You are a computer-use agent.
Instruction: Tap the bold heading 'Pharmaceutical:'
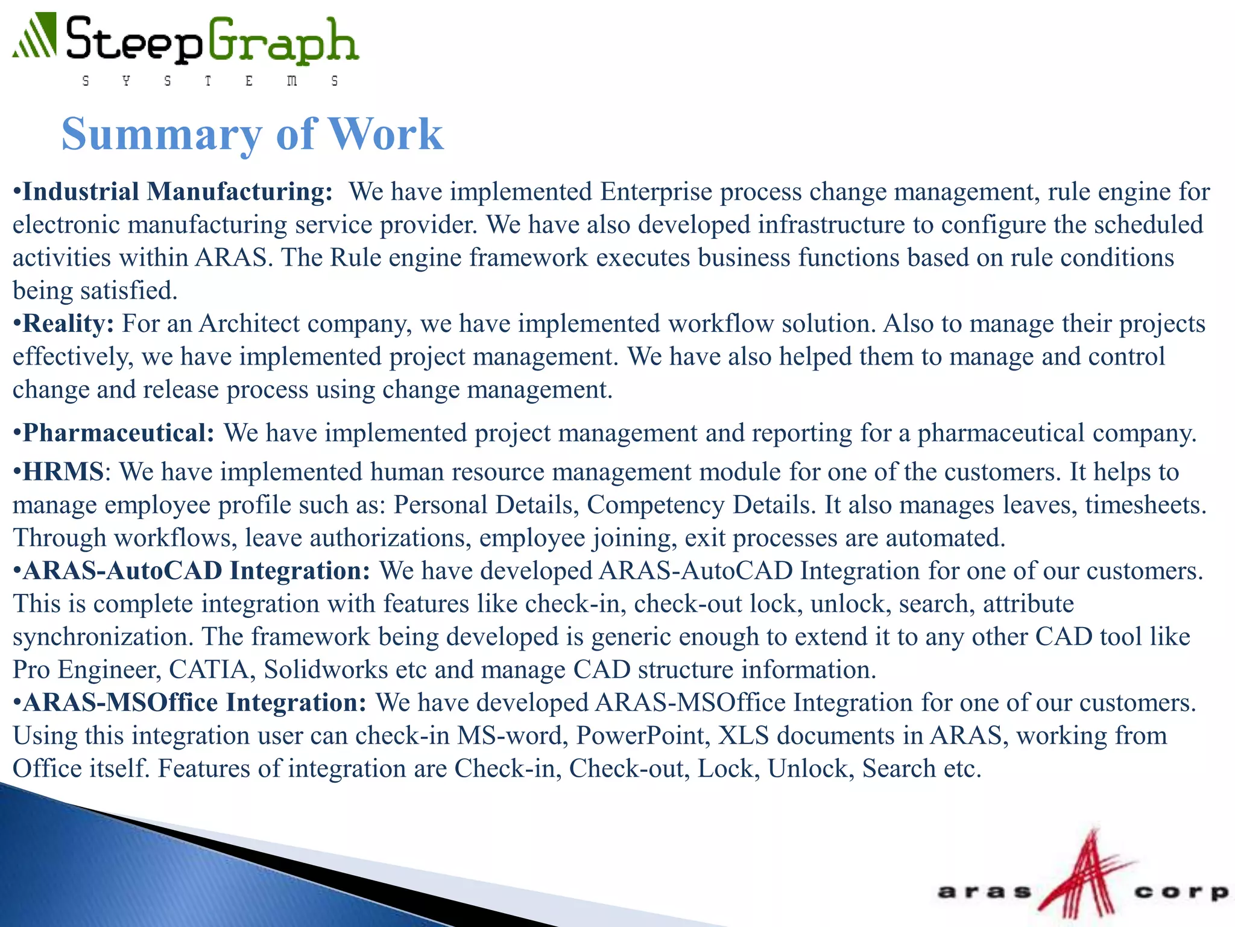(118, 433)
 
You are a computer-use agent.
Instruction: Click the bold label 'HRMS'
(63, 472)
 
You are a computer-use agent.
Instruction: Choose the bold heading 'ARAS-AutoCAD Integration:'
(196, 571)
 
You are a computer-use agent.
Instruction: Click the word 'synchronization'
(103, 637)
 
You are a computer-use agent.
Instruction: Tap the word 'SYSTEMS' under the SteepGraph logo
(209, 81)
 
